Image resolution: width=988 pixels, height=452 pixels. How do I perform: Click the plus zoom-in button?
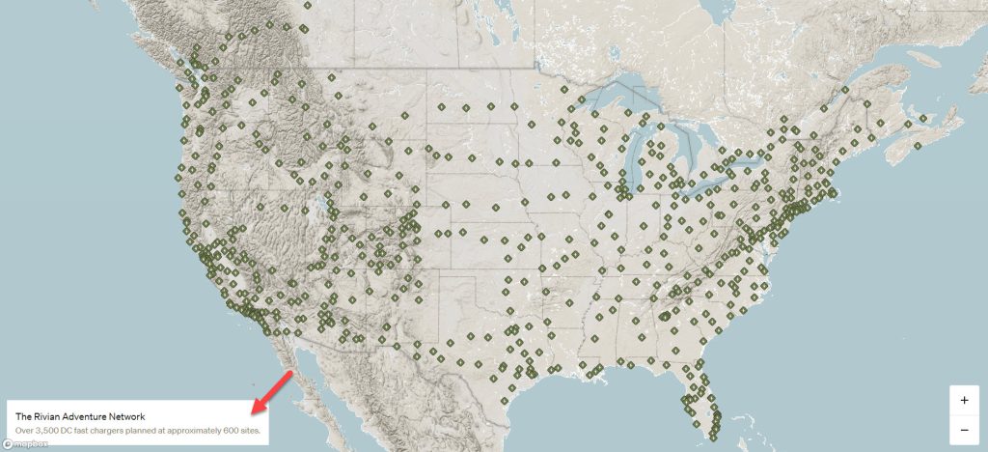click(x=964, y=400)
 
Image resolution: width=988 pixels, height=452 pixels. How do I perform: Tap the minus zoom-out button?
click(x=964, y=429)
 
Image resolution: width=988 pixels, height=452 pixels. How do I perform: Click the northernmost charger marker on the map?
click(x=306, y=5)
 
